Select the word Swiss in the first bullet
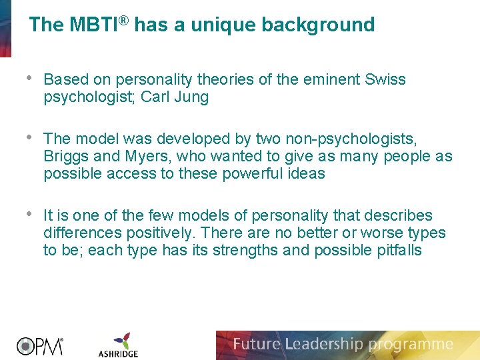click(385, 80)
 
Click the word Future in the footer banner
click(257, 345)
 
